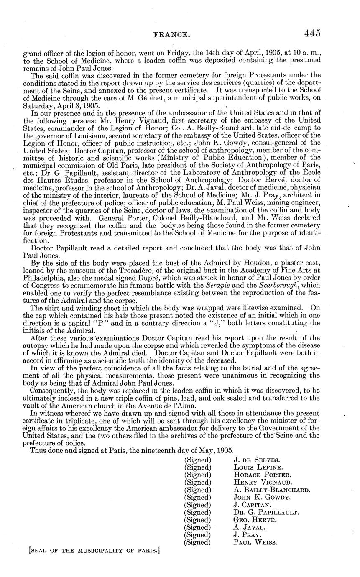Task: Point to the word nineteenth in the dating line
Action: [160, 452]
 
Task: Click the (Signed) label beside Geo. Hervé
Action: [197, 520]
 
